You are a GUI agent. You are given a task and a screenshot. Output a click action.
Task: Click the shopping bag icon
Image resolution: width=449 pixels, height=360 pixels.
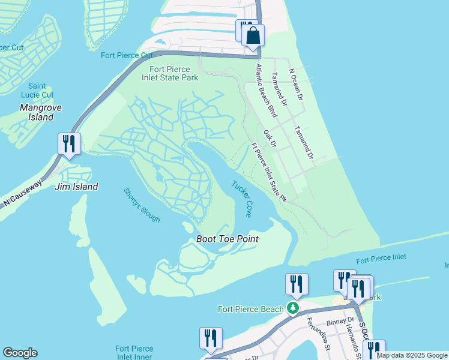point(253,35)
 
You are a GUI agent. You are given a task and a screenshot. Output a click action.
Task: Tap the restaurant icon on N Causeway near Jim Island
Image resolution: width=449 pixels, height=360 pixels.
point(69,144)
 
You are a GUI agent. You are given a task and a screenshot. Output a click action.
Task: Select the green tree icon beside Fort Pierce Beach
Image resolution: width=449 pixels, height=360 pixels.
point(292,308)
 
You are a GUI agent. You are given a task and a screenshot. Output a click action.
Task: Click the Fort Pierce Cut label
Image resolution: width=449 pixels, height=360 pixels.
point(127,56)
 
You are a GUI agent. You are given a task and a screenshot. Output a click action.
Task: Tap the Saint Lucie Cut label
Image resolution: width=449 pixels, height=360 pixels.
point(41,91)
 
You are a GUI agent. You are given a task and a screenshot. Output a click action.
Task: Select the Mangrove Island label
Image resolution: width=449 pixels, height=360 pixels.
point(37,113)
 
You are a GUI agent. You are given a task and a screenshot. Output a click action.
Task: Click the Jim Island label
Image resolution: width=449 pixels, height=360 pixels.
point(76,187)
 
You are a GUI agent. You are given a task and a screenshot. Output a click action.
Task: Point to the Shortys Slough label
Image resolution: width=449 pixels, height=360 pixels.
point(142,205)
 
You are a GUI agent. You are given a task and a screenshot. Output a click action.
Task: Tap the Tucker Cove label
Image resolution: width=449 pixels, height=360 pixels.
point(242,199)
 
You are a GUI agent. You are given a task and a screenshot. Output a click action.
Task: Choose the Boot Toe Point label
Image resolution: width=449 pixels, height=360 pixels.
point(228,239)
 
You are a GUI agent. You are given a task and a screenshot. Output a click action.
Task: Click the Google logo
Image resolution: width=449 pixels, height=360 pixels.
point(20,353)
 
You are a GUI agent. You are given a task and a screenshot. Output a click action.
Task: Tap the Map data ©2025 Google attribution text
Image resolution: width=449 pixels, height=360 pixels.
point(412,355)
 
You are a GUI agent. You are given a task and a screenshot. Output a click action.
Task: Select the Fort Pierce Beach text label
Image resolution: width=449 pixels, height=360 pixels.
point(250,309)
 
